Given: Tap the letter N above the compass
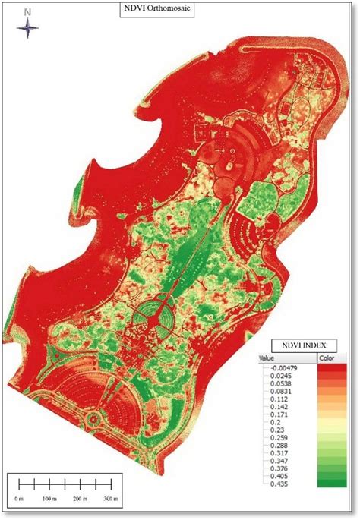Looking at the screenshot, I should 27,12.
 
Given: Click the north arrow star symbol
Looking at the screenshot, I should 28,29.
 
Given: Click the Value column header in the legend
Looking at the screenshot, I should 267,358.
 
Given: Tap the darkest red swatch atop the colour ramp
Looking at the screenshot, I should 327,367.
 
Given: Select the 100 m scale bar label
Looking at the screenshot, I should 50,499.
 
